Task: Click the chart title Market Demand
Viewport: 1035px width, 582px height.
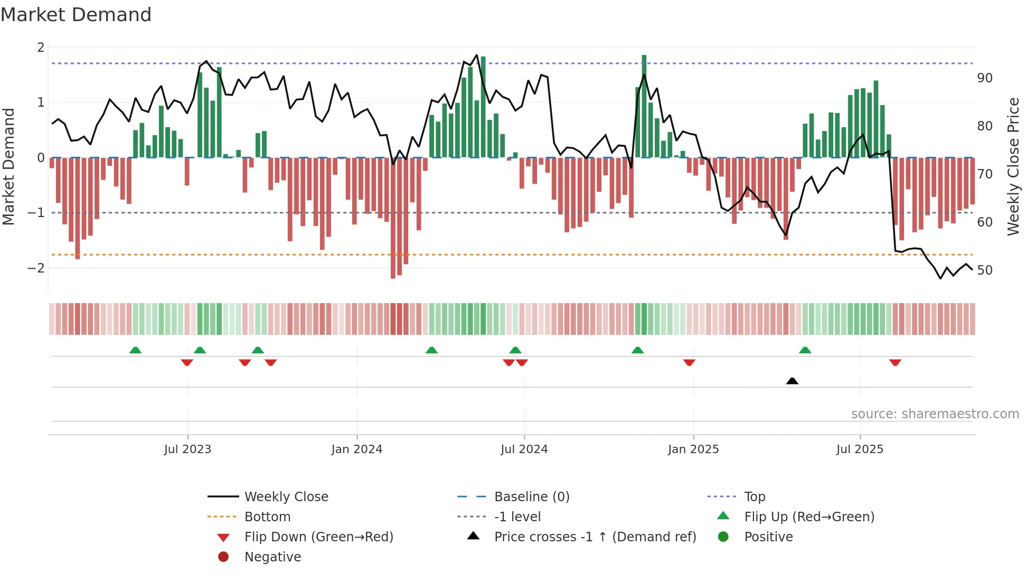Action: click(76, 15)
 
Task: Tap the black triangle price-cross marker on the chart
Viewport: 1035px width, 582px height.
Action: click(792, 381)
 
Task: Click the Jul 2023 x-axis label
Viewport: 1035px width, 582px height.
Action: click(187, 449)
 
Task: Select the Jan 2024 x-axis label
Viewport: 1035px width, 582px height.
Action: click(356, 449)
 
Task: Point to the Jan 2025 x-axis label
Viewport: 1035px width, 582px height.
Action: click(693, 449)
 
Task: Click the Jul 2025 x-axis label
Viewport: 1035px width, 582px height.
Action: click(860, 449)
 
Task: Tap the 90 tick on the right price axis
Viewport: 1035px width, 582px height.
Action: click(984, 78)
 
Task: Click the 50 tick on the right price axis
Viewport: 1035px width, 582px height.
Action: click(984, 270)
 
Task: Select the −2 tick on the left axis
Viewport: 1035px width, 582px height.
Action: click(36, 268)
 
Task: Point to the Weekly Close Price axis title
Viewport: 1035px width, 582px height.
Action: click(1013, 166)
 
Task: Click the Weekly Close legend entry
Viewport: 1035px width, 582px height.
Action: click(286, 497)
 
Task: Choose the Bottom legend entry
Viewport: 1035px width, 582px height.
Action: click(267, 517)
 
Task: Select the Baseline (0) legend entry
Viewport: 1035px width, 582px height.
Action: click(531, 497)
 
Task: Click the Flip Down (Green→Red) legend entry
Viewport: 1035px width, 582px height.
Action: click(318, 537)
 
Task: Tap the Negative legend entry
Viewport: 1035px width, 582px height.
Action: click(272, 557)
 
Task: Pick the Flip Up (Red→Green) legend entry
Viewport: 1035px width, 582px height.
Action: click(809, 517)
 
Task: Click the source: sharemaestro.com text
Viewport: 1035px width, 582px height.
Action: click(935, 414)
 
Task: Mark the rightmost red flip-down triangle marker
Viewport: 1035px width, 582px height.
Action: click(895, 362)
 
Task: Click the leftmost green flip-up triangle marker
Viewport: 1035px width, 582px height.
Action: click(136, 350)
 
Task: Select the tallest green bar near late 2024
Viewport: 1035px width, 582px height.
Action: click(644, 106)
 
